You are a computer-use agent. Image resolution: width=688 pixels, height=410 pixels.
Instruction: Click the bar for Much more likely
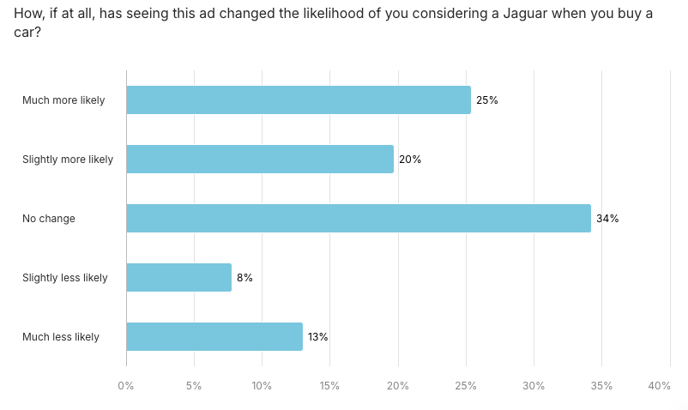[298, 99]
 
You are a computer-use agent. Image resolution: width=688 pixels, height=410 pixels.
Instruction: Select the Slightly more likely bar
[259, 159]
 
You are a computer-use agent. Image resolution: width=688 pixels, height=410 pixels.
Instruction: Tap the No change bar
[358, 218]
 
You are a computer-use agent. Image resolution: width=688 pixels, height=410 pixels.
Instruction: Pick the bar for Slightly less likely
[178, 277]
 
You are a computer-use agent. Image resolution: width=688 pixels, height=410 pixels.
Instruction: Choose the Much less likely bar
[214, 336]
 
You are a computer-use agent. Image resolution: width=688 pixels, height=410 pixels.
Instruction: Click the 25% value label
[487, 99]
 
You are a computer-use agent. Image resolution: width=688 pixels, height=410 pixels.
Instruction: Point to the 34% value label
[607, 218]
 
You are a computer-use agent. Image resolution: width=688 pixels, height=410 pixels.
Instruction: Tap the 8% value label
[244, 277]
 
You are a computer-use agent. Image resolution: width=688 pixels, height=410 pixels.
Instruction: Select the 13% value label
[318, 336]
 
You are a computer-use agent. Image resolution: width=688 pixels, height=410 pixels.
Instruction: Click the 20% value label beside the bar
[410, 159]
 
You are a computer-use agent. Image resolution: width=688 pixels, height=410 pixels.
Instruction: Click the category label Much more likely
[63, 99]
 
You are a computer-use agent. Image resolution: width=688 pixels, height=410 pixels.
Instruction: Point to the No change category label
[49, 218]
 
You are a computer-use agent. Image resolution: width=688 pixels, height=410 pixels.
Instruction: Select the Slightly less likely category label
[65, 277]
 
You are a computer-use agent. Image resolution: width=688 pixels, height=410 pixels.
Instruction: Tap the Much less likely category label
[61, 336]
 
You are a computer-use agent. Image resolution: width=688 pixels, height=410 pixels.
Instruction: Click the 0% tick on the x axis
[126, 386]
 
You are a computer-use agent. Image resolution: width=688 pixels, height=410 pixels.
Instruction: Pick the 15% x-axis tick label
[329, 386]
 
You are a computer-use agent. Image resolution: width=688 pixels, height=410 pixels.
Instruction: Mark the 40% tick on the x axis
[659, 386]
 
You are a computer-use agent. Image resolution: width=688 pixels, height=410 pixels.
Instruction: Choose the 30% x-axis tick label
[534, 386]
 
